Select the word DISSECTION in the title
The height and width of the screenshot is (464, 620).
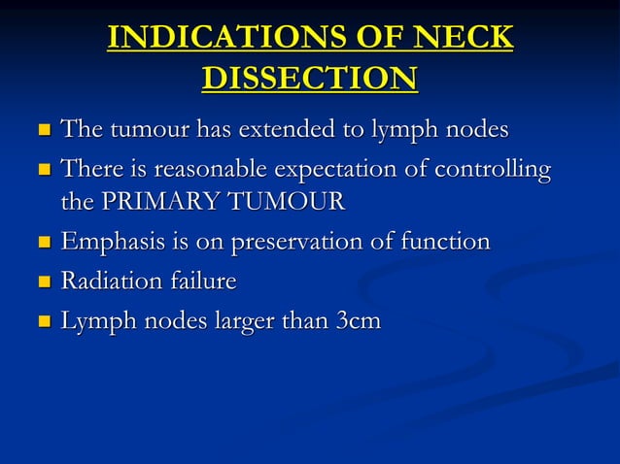[310, 77]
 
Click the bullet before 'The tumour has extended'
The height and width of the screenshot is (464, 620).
[42, 129]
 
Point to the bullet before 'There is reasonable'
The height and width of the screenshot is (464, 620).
[42, 172]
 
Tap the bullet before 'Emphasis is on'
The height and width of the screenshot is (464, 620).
[42, 243]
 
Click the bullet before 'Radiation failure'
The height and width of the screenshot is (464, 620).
[42, 282]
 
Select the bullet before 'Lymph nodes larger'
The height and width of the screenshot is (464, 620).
[42, 323]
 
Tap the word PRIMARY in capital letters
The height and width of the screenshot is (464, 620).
[151, 202]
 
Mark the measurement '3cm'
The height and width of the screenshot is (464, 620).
[358, 322]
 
